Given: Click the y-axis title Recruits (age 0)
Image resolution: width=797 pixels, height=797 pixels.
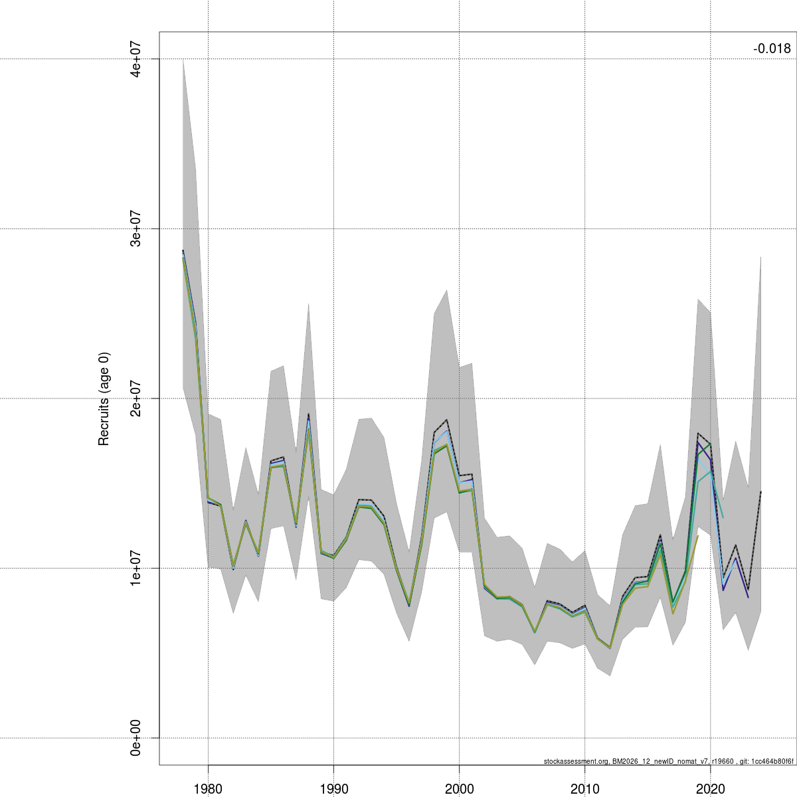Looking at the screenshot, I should tap(104, 398).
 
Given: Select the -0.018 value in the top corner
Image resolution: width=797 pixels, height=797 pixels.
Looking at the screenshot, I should tap(772, 48).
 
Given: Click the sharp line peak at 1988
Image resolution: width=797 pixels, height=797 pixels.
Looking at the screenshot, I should tap(309, 414).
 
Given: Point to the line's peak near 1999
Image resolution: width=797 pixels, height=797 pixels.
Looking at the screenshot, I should tap(447, 420).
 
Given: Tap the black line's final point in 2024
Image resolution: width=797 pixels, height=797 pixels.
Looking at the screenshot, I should tap(760, 491).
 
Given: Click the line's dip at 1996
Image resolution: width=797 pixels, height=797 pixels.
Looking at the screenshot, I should tap(409, 606).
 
